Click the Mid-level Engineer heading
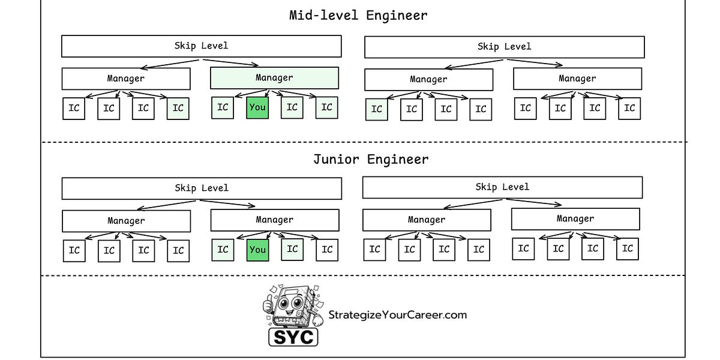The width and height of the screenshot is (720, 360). click(358, 16)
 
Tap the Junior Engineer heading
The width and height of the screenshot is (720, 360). click(371, 160)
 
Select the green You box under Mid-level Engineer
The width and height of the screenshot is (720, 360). click(257, 107)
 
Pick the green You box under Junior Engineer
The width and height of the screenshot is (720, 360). click(257, 250)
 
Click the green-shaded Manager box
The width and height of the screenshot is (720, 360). click(274, 78)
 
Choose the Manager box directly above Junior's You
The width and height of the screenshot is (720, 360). click(274, 220)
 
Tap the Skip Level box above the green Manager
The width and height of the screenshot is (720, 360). click(201, 46)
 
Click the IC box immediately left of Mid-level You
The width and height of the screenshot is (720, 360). click(223, 107)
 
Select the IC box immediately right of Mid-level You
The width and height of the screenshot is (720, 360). click(292, 107)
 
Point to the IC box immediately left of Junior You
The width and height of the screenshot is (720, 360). click(223, 250)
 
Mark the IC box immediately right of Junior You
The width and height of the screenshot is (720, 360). click(292, 249)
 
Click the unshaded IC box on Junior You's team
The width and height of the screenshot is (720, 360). click(327, 250)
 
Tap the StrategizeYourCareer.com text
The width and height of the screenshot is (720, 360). click(397, 315)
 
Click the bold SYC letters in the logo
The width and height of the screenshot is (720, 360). click(293, 337)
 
